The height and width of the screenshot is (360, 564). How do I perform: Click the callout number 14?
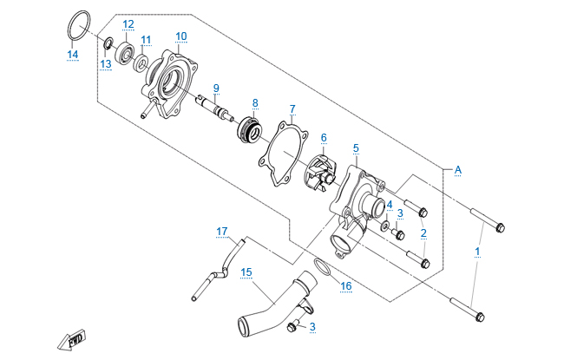pos(73,55)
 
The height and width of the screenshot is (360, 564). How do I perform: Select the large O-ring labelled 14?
pos(77,23)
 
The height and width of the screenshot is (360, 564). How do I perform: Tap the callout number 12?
pos(128,23)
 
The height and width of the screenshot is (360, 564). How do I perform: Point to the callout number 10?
pos(180,36)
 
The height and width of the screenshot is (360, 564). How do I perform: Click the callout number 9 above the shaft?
pos(216,87)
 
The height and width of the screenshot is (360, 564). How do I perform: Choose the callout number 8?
pos(255,102)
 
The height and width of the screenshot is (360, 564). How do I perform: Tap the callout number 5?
pos(356,149)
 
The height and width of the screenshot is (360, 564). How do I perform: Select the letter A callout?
pos(457,170)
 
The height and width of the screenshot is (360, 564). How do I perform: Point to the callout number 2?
pos(423,232)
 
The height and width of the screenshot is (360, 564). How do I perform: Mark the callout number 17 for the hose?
pos(222,231)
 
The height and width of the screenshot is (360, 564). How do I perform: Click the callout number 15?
pos(246,272)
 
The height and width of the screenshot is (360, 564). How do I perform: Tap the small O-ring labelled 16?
pos(321,265)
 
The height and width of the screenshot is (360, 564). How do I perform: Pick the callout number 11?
pos(146,40)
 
